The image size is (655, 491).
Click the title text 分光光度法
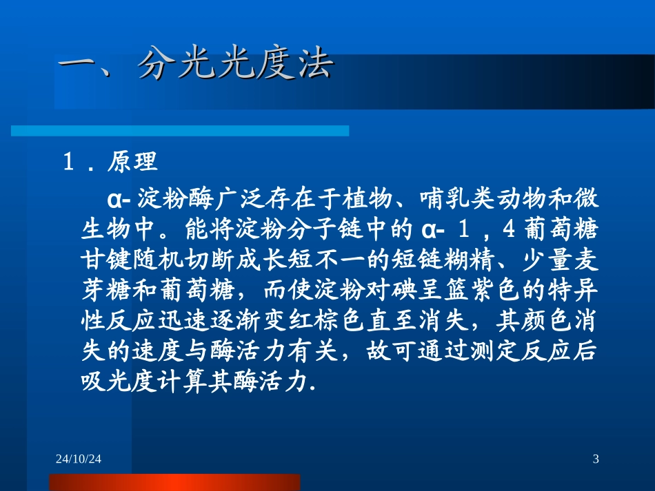pos(234,66)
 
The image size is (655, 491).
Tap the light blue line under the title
pos(179,130)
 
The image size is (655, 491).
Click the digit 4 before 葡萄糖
pos(510,230)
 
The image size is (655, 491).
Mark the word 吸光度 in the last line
pos(115,383)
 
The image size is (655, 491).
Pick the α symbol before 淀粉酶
pos(114,201)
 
